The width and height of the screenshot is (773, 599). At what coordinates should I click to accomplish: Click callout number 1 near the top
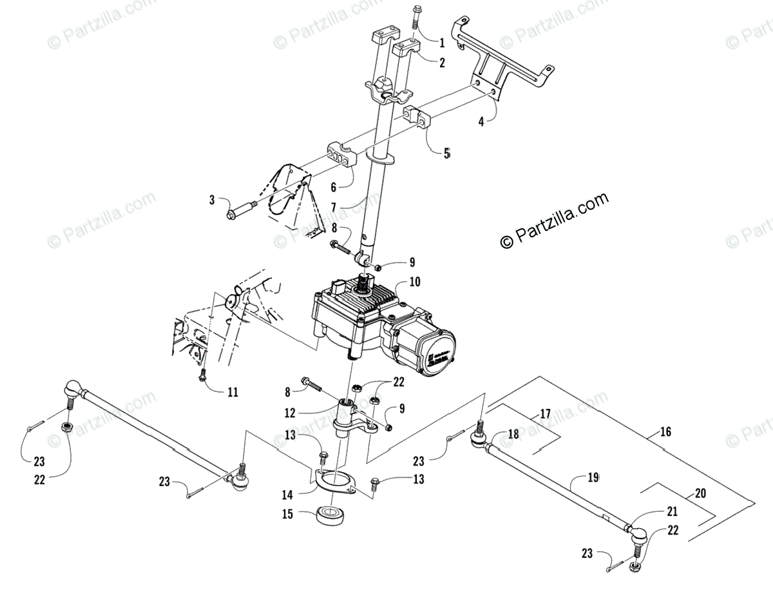(x=442, y=44)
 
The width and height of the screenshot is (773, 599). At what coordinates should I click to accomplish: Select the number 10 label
(x=414, y=282)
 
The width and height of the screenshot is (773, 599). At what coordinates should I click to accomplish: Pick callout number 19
(x=593, y=478)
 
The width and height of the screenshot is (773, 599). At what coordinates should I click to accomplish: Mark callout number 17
(x=546, y=413)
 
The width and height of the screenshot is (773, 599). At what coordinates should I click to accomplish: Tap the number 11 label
(x=232, y=391)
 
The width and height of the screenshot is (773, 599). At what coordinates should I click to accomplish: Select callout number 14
(x=287, y=495)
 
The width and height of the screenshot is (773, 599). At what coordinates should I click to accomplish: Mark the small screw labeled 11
(x=202, y=375)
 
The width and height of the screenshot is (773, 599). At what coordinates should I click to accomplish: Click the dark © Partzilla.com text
(x=555, y=219)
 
